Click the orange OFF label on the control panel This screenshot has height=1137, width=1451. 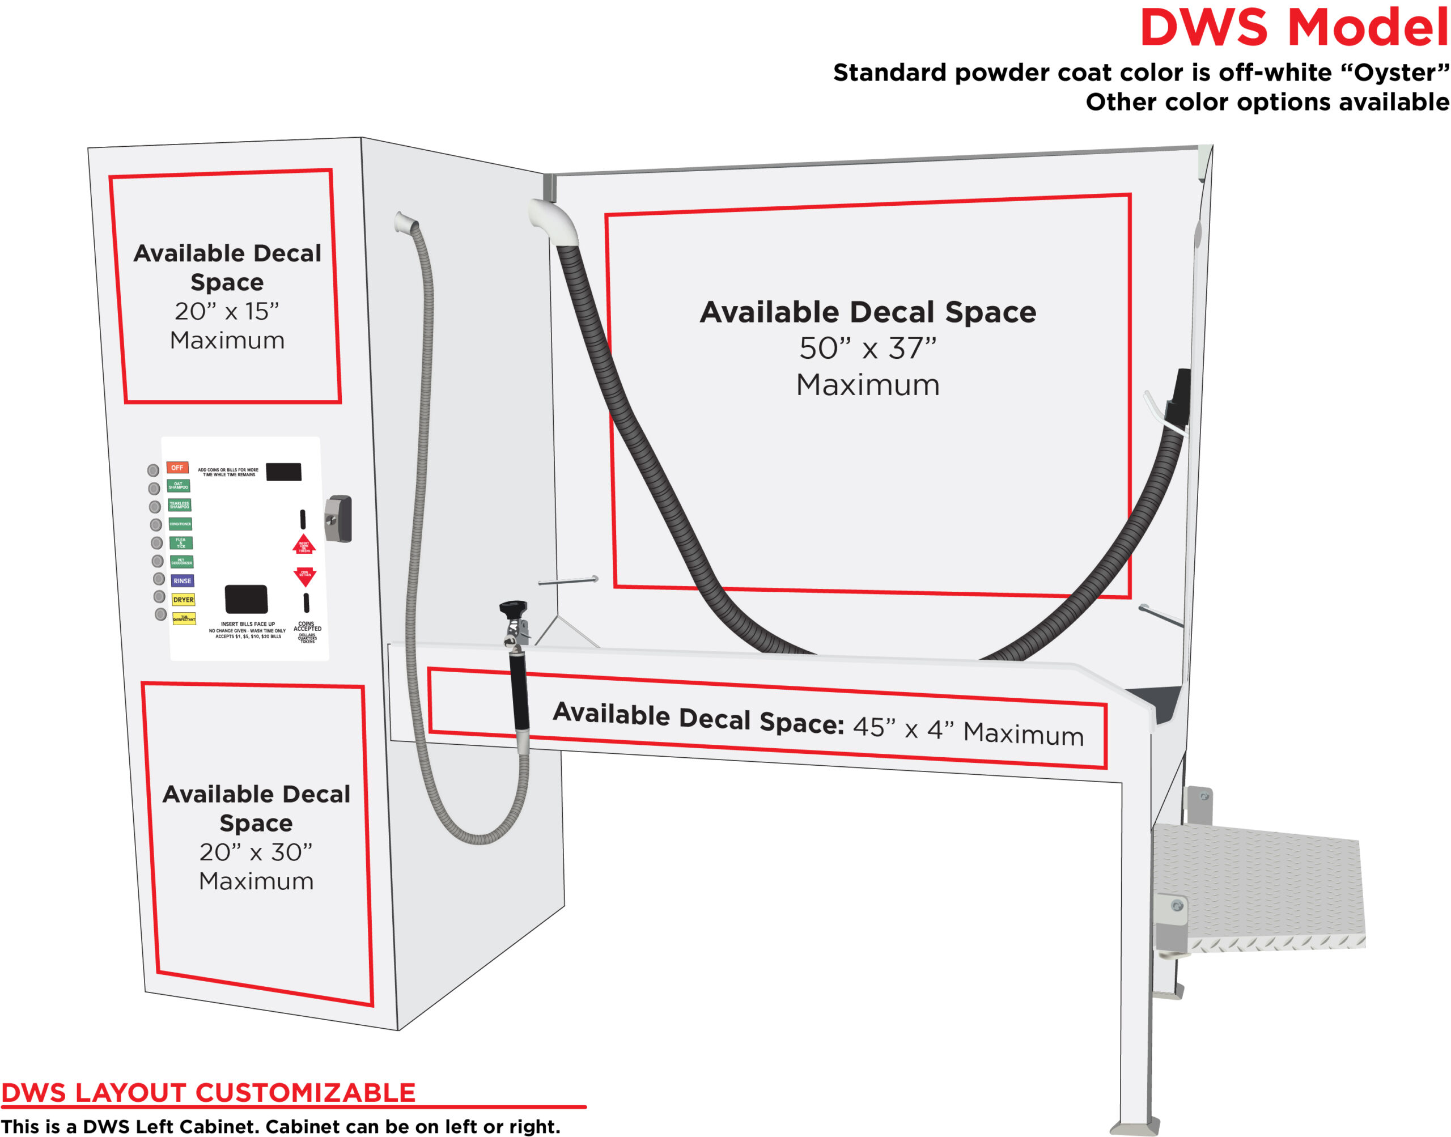click(177, 467)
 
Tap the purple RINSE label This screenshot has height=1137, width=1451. click(182, 580)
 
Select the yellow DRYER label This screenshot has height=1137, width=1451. click(183, 600)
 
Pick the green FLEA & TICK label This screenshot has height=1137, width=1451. click(180, 542)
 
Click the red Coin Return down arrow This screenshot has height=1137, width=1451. click(305, 575)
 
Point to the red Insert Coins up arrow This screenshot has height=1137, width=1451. click(304, 545)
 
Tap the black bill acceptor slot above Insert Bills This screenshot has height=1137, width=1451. click(245, 599)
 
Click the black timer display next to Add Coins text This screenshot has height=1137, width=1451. click(283, 472)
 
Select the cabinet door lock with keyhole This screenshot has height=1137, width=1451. click(338, 519)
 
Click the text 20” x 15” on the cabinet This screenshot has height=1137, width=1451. click(227, 311)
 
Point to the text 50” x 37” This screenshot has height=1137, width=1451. click(867, 348)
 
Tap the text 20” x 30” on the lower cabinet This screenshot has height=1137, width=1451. click(256, 851)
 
